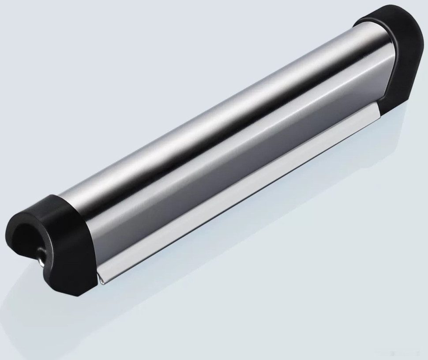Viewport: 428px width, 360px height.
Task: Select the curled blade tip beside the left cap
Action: [x=101, y=278]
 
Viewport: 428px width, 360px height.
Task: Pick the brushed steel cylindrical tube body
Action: [x=221, y=133]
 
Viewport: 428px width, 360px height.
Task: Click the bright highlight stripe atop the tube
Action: [x=212, y=110]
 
